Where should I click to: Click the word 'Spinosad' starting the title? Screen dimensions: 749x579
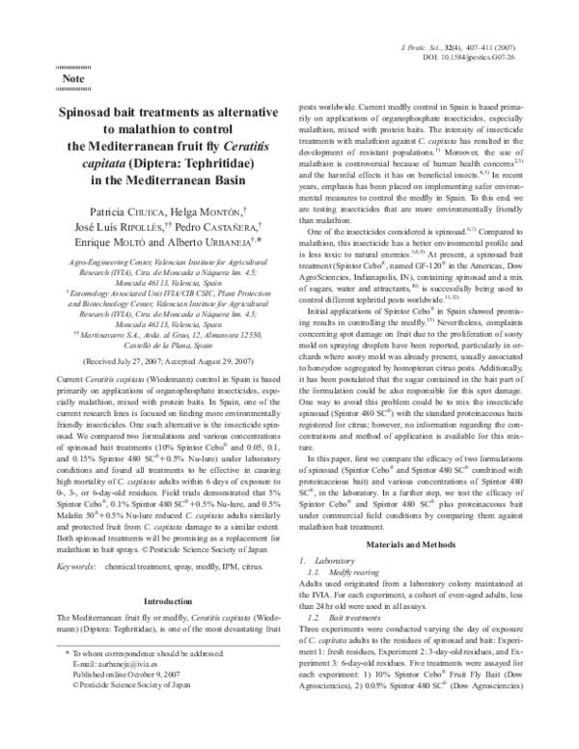click(x=95, y=112)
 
